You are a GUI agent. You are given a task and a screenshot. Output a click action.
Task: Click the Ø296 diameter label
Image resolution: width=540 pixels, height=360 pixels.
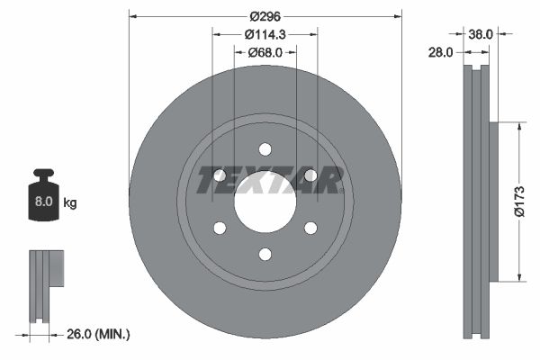tap(265, 16)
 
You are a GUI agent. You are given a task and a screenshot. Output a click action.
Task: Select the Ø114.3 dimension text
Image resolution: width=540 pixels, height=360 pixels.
tap(265, 34)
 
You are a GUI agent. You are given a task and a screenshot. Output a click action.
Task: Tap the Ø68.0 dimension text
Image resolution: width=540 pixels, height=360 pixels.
tap(265, 52)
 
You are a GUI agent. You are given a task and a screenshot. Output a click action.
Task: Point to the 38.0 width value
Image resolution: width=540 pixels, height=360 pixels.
tap(480, 34)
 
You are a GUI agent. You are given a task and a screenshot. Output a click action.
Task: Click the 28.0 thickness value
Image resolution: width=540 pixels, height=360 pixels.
tap(440, 53)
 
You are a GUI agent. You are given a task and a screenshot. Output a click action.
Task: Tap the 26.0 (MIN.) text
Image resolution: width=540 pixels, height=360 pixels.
tap(98, 334)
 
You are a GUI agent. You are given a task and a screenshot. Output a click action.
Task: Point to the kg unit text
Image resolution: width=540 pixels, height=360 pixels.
tap(70, 203)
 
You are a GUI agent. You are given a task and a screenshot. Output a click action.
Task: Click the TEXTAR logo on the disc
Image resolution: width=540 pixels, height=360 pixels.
tap(270, 180)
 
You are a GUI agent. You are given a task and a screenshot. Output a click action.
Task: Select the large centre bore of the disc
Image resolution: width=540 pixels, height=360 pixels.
tap(265, 202)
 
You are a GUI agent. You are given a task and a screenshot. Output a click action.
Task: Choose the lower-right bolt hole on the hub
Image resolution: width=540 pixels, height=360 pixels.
tap(310, 228)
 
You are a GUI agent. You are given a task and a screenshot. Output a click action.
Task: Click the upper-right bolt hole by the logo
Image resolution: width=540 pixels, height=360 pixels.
tap(310, 175)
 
